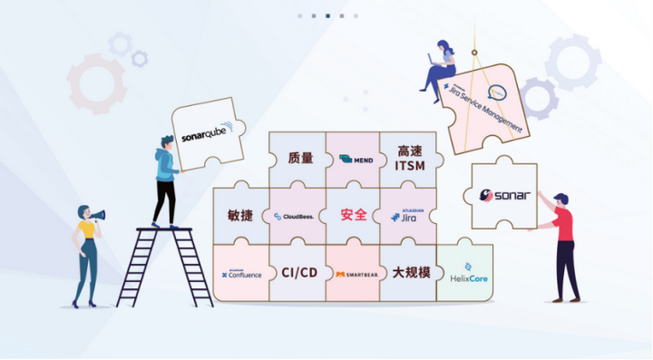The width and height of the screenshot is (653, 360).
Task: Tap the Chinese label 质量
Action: pos(298,159)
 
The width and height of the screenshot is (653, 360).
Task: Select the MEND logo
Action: pos(355,160)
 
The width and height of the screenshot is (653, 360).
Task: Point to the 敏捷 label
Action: pos(241,216)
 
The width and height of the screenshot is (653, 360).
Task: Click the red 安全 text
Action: pos(353,216)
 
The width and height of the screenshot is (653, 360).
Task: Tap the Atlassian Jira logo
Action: pos(408,216)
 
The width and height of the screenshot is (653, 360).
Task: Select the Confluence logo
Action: pos(241,273)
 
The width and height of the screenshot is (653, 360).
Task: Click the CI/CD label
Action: pos(298,272)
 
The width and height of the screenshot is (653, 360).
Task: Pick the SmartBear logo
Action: pos(354,274)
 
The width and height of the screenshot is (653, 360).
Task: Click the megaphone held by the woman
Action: pos(98,216)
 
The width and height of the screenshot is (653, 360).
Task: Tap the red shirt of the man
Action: pos(564,224)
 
